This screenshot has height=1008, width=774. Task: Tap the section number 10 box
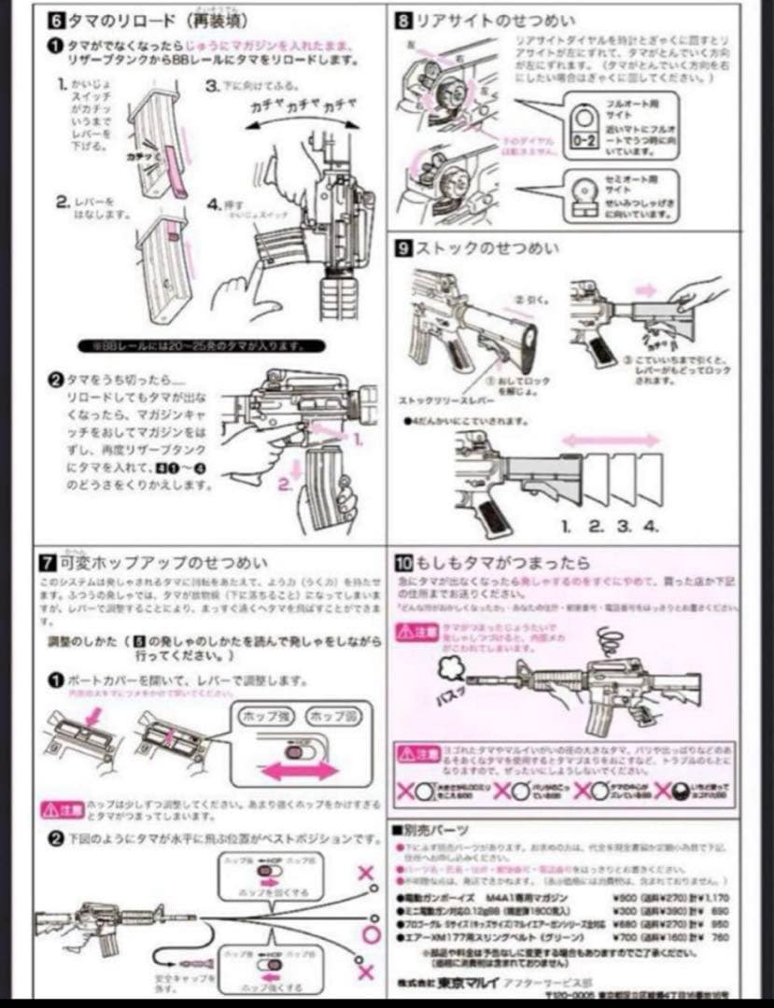[404, 563]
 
